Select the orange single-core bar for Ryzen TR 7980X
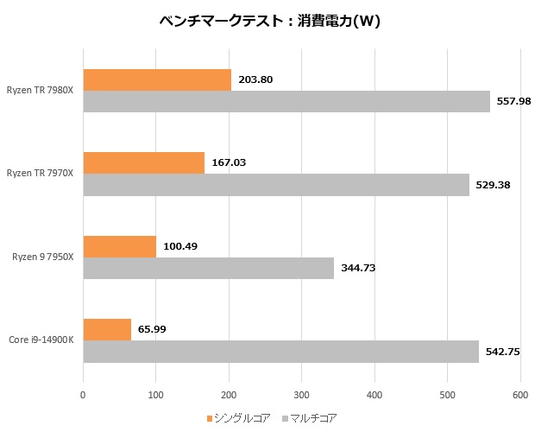coord(157,79)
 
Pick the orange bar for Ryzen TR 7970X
coord(143,162)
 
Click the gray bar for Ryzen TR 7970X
coord(276,185)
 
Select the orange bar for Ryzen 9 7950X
coord(119,246)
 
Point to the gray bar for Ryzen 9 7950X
coord(208,268)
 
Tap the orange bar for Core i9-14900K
coord(107,329)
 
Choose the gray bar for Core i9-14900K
coord(280,352)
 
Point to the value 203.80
coord(255,79)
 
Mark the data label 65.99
coord(153,329)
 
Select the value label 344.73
coord(358,268)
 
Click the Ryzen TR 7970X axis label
coord(40,174)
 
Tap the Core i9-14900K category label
coord(41,340)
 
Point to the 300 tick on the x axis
coord(301,395)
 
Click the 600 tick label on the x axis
coord(519,395)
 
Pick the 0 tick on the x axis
coord(83,395)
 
